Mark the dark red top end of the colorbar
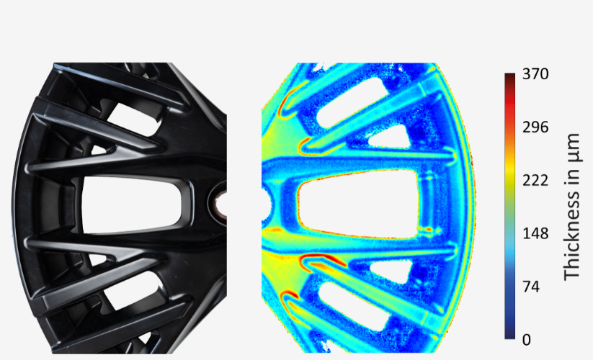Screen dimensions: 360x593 pyautogui.click(x=509, y=76)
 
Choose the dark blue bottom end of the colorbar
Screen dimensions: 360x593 pyautogui.click(x=509, y=335)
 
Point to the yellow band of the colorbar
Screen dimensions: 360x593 pyautogui.click(x=509, y=180)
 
